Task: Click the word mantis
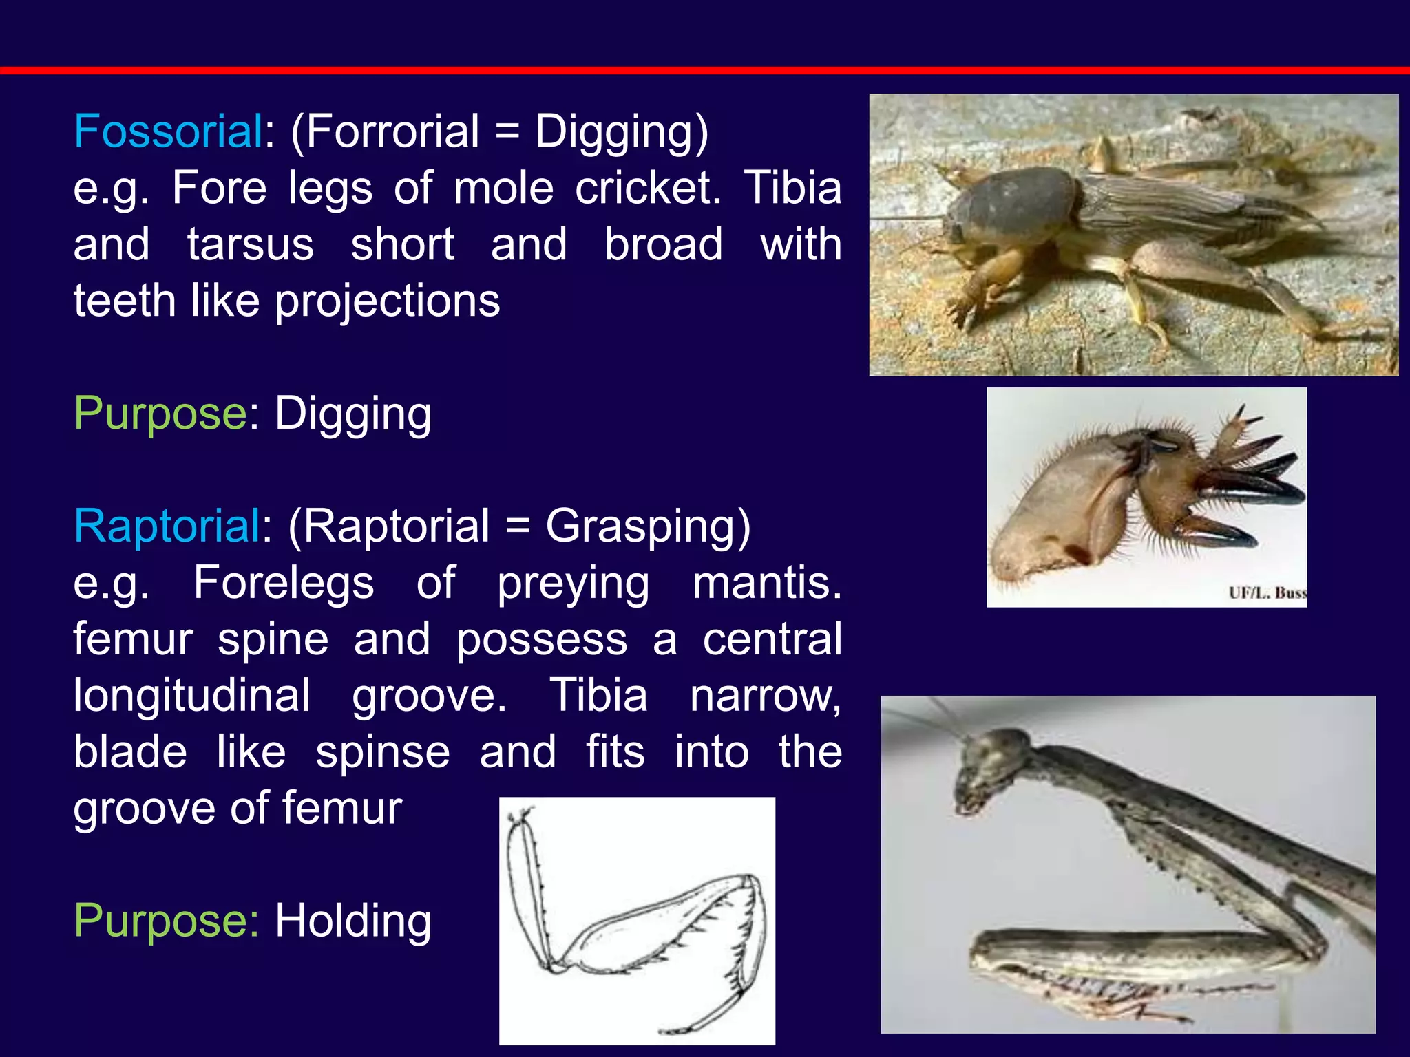pyautogui.click(x=766, y=583)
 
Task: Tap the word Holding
pyautogui.click(x=353, y=921)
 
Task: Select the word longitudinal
pyautogui.click(x=191, y=695)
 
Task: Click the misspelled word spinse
pyautogui.click(x=383, y=751)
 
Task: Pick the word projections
pyautogui.click(x=388, y=301)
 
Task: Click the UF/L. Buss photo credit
pyautogui.click(x=1267, y=592)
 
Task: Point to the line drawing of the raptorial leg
pyautogui.click(x=637, y=921)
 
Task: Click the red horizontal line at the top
pyautogui.click(x=705, y=70)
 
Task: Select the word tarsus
pyautogui.click(x=250, y=244)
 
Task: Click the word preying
pyautogui.click(x=573, y=584)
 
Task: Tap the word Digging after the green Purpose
pyautogui.click(x=353, y=414)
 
